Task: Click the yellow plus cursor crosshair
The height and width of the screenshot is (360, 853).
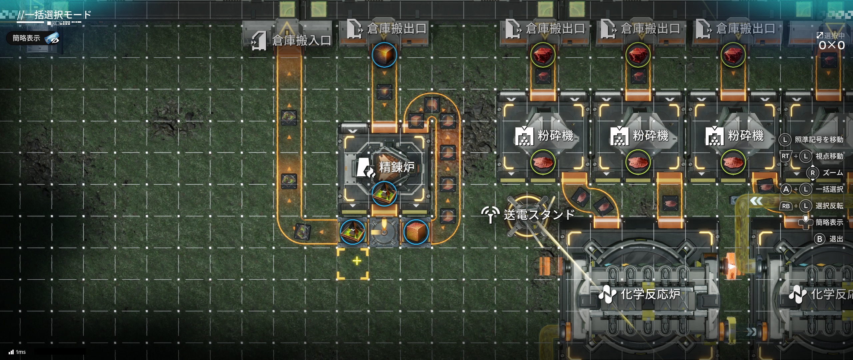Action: coord(357,261)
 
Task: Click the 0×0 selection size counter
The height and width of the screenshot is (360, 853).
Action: coord(832,45)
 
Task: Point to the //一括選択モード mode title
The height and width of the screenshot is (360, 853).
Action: coord(54,15)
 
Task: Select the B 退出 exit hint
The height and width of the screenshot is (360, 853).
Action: coord(829,239)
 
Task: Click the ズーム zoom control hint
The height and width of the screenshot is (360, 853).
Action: coord(825,173)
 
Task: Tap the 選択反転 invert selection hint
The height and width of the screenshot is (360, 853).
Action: coord(812,206)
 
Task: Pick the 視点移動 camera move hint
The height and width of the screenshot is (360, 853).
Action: coord(812,156)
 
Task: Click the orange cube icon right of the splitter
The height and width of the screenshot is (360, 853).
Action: coord(416,232)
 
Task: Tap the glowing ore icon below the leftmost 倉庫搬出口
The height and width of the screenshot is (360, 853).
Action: coord(384,55)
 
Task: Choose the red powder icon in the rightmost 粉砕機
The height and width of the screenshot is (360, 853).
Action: coord(733,162)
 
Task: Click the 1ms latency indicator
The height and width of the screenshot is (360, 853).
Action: coord(17,352)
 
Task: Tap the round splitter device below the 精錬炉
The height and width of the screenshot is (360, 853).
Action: coord(384,232)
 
